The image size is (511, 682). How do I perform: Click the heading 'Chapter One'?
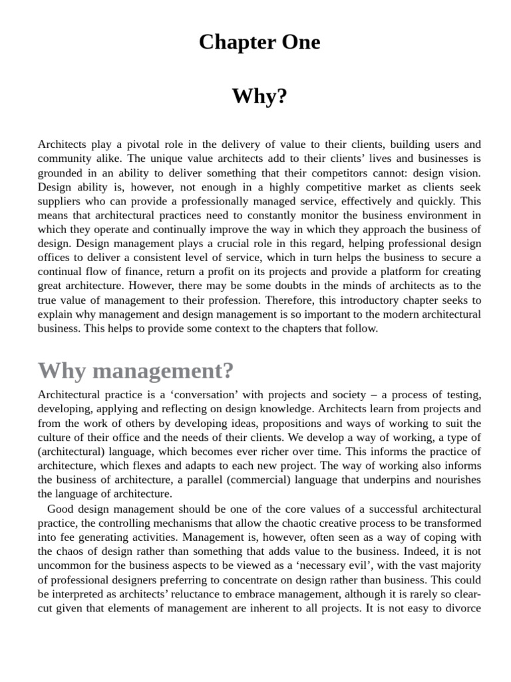pos(259,43)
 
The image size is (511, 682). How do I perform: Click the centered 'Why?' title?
pos(259,97)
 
